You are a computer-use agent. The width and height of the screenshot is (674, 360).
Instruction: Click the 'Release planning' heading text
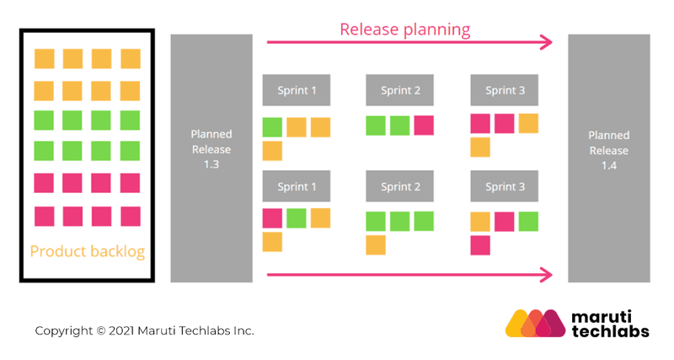404,29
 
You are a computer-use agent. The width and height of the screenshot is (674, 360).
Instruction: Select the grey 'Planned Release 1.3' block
211,158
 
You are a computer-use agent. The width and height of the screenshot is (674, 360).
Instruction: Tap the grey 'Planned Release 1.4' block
609,158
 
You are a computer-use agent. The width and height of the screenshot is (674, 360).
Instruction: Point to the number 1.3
211,164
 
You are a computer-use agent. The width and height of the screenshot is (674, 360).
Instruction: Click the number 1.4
609,164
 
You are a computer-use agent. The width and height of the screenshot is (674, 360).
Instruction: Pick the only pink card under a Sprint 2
424,126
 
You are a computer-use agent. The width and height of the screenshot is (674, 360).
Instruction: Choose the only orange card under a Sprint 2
376,245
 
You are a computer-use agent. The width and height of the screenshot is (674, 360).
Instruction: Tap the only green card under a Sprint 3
528,222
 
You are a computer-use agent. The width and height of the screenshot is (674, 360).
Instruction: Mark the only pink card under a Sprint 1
272,218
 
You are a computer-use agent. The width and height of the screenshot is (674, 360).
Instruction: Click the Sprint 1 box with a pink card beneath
296,186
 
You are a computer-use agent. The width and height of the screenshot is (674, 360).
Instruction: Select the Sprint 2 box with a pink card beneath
399,90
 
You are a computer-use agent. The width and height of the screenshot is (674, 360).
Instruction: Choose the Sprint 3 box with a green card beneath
504,186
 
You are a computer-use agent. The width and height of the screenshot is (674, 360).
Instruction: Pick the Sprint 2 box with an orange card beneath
399,186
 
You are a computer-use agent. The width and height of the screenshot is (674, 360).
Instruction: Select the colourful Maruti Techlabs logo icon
536,324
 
